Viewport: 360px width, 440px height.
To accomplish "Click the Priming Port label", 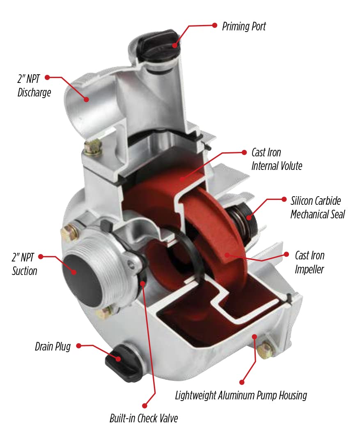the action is click(x=244, y=27).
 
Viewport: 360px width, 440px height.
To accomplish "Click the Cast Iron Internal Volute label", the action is click(x=277, y=159).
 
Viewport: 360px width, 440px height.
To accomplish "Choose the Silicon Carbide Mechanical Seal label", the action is click(x=317, y=208).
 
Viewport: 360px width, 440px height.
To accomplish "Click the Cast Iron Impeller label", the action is click(x=310, y=262).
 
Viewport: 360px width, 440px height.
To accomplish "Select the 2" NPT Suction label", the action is click(x=25, y=265).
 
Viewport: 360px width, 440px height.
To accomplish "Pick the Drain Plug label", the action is click(x=53, y=347).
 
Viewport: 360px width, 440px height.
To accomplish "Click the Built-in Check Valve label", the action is click(x=144, y=418).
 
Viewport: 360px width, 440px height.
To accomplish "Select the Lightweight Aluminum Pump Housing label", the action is click(x=241, y=396).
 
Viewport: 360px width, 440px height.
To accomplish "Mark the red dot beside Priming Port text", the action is click(x=214, y=25).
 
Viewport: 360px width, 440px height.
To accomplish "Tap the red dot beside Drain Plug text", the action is click(x=78, y=346).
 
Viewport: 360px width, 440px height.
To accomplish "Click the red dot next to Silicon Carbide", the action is click(x=284, y=199).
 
